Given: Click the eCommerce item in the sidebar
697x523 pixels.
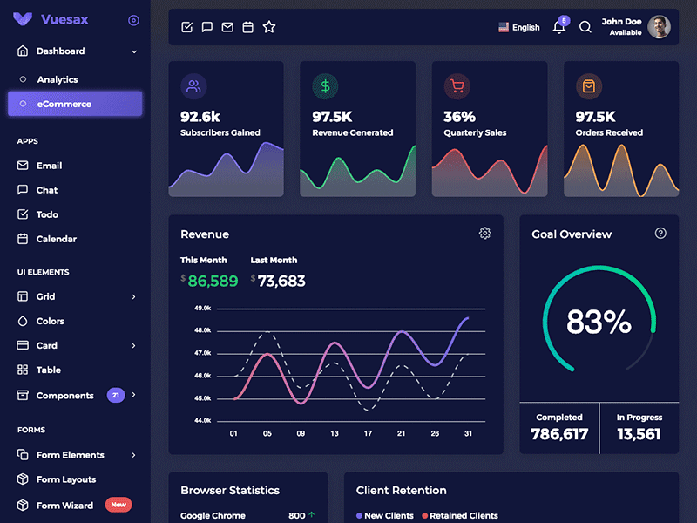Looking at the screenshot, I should click(x=74, y=104).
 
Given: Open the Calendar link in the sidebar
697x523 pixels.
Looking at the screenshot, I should click(x=56, y=239).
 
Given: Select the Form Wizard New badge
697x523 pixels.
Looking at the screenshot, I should click(x=118, y=505).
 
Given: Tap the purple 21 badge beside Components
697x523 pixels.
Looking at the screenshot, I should click(x=115, y=396).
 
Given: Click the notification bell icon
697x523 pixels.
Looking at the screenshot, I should click(x=559, y=27).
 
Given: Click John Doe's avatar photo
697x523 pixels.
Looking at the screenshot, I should click(x=660, y=27).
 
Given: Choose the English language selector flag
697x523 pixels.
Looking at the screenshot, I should click(x=504, y=28).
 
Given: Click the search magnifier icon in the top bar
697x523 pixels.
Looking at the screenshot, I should click(x=585, y=27).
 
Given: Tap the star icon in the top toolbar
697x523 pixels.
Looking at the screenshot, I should click(x=269, y=27).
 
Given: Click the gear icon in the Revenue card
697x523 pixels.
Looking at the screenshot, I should click(x=485, y=234).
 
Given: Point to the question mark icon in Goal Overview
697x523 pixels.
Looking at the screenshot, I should click(x=660, y=234).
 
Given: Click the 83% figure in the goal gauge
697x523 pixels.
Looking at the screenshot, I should click(x=599, y=323).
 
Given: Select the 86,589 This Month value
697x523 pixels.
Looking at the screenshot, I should click(x=213, y=281).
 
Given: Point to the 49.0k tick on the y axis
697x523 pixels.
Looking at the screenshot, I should click(x=202, y=309).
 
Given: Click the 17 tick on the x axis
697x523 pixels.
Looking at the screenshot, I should click(x=368, y=433).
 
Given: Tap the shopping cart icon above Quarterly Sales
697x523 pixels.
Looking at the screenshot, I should click(x=457, y=86).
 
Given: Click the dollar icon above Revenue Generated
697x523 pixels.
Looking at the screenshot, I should click(x=325, y=86).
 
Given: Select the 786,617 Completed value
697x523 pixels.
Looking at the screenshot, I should click(x=559, y=434).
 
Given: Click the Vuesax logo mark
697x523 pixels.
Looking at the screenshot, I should click(x=24, y=19).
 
